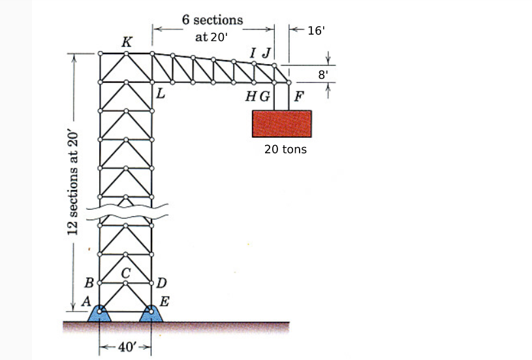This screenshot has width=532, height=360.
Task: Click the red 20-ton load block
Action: click(281, 123)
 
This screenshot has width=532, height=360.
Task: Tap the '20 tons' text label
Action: click(285, 150)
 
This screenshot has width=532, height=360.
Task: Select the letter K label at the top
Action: click(127, 42)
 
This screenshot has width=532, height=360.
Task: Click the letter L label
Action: click(160, 95)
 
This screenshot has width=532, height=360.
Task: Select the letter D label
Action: click(162, 283)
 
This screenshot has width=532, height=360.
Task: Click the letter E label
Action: click(164, 301)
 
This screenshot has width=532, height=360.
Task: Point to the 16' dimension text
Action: click(316, 29)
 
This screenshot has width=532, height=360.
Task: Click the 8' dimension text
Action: click(322, 74)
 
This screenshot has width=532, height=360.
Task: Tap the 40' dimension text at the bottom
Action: click(125, 346)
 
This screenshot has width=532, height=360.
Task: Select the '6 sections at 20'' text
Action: click(212, 28)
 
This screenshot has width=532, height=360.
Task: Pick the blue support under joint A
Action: click(99, 314)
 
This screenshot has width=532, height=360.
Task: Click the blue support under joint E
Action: click(151, 314)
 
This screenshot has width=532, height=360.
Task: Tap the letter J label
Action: click(266, 52)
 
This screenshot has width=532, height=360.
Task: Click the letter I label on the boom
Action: click(253, 52)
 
